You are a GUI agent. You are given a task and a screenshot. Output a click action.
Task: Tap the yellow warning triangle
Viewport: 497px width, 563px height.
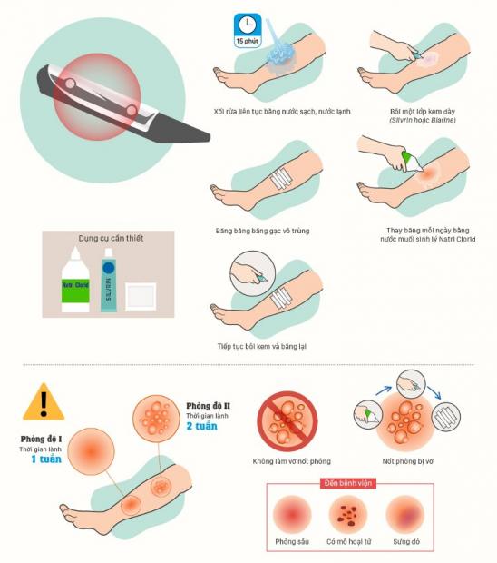tap(44, 402)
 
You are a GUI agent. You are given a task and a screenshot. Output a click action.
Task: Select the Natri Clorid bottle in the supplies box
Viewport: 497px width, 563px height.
tap(75, 280)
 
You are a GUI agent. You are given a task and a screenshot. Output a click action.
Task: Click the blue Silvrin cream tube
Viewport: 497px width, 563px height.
tap(109, 280)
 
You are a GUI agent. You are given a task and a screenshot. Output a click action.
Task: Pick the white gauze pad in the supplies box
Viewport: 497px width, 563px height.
tap(141, 296)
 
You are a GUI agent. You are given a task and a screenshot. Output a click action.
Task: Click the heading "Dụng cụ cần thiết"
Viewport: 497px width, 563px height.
tap(111, 238)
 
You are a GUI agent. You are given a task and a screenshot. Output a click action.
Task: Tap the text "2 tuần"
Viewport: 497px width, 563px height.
tap(202, 426)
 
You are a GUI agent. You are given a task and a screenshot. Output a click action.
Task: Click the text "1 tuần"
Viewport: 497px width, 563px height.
tap(46, 459)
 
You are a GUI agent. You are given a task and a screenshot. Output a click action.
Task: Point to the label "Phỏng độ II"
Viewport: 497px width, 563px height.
tap(208, 406)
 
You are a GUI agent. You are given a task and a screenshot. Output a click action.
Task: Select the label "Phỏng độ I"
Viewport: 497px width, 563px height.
tap(41, 440)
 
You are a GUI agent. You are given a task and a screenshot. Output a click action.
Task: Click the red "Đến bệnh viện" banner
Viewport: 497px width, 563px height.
tap(348, 483)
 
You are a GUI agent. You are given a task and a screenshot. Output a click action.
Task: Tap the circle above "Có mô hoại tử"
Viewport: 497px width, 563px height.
tap(348, 515)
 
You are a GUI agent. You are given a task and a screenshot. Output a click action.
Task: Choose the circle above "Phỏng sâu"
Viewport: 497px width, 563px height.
tap(292, 515)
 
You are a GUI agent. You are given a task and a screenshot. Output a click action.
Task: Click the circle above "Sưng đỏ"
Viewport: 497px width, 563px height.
tap(405, 515)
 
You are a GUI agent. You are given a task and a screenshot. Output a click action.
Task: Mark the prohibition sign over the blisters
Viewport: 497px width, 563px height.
tap(287, 421)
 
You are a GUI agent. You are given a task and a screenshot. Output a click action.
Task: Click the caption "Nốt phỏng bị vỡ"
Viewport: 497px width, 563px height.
tap(408, 461)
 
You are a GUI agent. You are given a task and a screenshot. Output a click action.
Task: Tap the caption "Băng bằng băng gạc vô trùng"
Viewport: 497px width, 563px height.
tap(262, 231)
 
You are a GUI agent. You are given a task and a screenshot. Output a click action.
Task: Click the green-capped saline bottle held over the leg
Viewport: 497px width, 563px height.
tap(411, 162)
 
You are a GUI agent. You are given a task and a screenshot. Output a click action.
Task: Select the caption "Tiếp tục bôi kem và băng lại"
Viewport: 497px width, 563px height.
tap(262, 347)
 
